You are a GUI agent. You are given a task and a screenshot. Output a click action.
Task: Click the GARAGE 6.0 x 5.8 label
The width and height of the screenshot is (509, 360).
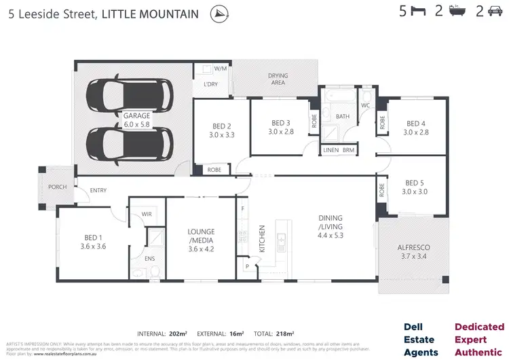pos(136,120)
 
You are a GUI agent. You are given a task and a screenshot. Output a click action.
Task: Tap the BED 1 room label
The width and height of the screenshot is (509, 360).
pos(93,242)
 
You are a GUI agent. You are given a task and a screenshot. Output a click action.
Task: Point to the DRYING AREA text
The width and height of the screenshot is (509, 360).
pos(276,79)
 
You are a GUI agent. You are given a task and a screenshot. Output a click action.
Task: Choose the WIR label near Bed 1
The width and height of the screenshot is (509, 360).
pos(146,215)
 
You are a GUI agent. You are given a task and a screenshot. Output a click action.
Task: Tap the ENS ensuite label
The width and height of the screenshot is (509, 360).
pos(149,259)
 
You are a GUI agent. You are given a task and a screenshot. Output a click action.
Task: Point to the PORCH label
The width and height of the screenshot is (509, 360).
pos(57,187)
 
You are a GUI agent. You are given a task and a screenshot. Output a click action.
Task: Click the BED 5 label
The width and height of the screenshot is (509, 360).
pos(414,187)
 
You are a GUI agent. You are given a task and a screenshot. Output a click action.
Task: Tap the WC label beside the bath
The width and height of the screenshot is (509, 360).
pos(365,106)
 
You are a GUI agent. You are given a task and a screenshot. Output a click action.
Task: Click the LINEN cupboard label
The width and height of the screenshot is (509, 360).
pos(331,149)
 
